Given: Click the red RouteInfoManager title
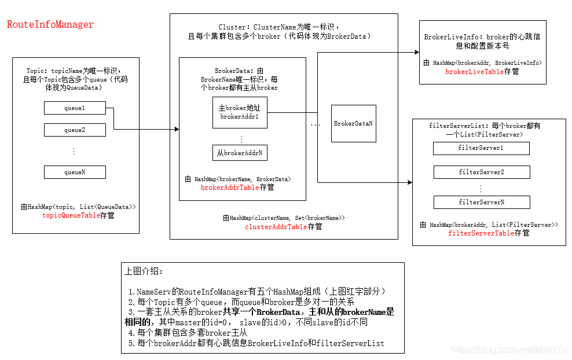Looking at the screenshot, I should (50, 25).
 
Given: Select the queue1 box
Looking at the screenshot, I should (75, 108).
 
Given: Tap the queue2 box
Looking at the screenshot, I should (75, 130).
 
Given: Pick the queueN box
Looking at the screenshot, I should (75, 172).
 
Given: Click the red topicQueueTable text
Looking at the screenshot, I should (71, 215).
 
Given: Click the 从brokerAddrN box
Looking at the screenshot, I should (240, 153).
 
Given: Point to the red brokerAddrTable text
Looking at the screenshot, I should (230, 188).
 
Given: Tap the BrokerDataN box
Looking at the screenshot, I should (353, 124).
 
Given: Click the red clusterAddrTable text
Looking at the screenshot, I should (276, 227).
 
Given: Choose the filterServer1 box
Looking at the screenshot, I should (481, 149).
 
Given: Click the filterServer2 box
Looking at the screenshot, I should (481, 172).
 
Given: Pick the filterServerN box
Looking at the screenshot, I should (481, 202).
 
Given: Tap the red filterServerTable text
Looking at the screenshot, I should (481, 233).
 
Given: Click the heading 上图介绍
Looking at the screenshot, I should (144, 271).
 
